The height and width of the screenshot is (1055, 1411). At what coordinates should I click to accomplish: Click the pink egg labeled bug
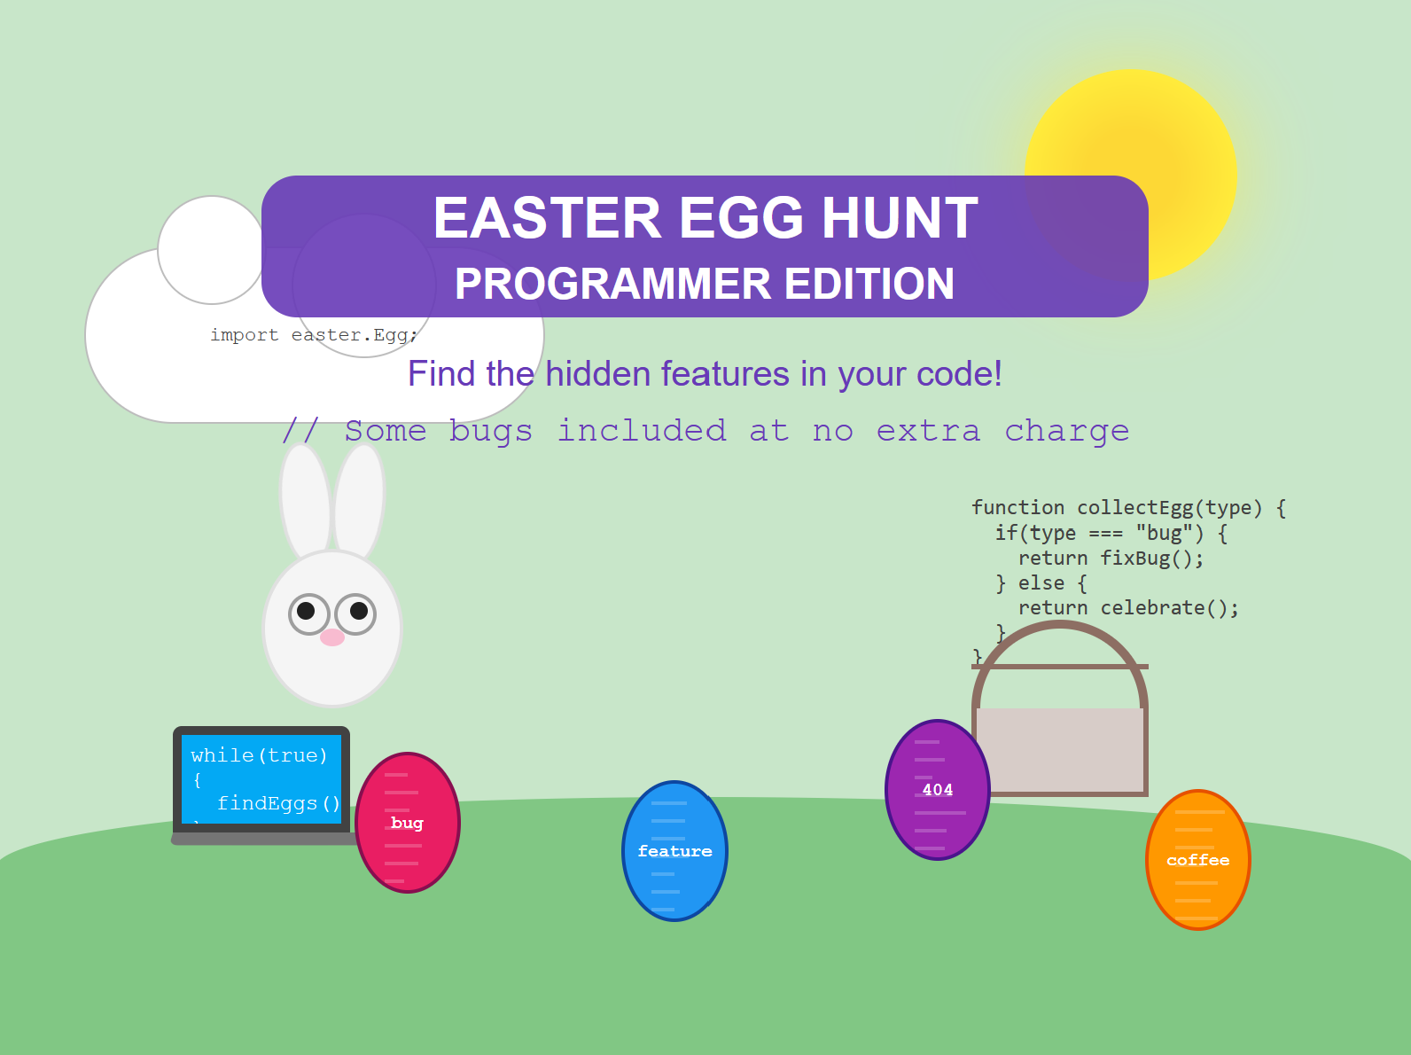[408, 822]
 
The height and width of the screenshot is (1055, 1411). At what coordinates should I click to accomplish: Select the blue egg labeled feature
[675, 850]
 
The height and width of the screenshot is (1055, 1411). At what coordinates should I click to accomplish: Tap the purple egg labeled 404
[938, 790]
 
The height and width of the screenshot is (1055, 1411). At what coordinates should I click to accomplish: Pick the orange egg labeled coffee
[1198, 860]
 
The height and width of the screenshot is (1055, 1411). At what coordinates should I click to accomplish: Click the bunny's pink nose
[332, 637]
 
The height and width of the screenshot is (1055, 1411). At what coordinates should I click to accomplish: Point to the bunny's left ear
[306, 502]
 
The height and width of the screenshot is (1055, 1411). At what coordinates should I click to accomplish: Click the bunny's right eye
[355, 614]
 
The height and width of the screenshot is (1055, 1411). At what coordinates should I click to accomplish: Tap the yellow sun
[1130, 176]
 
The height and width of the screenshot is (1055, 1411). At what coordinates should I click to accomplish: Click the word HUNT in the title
[900, 218]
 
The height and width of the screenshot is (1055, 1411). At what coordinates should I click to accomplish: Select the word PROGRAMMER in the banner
[612, 284]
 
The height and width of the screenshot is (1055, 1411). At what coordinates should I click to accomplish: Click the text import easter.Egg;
[314, 335]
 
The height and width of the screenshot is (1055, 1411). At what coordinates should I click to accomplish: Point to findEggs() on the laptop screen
[278, 803]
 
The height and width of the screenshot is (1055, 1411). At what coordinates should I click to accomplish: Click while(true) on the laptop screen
[259, 755]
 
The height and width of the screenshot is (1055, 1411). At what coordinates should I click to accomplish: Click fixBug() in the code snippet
[1151, 558]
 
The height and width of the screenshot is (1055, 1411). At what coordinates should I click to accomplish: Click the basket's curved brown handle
[1060, 625]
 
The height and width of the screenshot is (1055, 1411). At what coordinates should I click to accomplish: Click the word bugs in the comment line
[490, 432]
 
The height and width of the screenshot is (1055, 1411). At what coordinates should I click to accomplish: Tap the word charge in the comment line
[1066, 432]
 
